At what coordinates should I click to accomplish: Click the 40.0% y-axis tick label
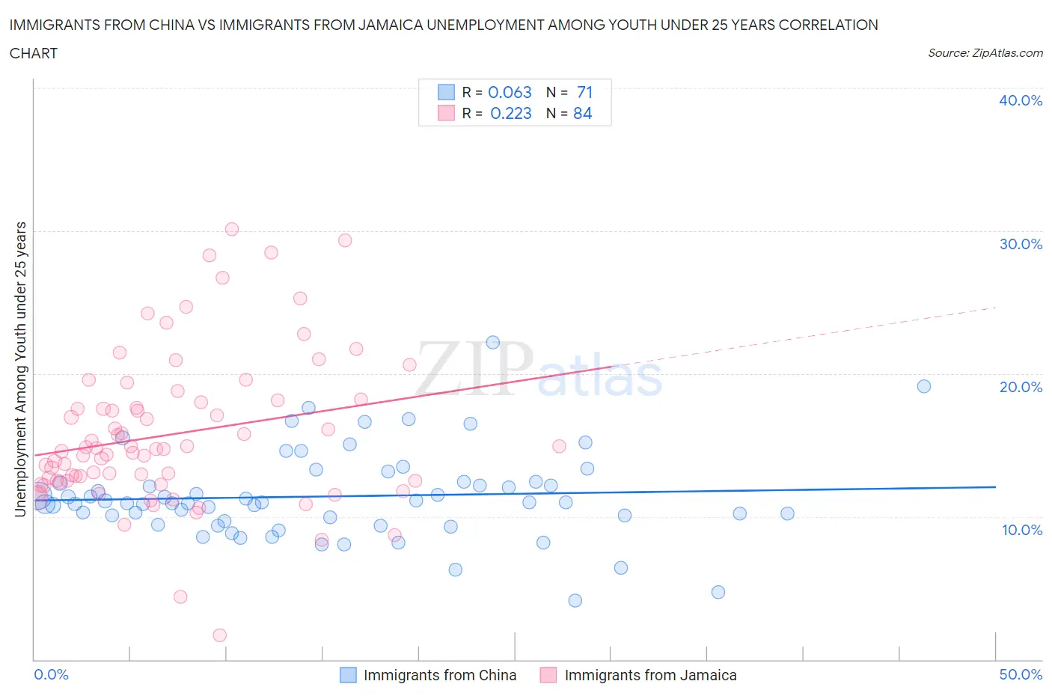point(1021,100)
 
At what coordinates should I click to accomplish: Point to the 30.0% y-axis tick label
point(1021,244)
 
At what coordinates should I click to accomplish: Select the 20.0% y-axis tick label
point(1021,387)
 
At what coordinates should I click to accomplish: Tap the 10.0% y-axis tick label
point(1021,530)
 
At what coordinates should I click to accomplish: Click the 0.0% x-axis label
point(51,674)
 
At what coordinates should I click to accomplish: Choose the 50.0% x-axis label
point(1021,674)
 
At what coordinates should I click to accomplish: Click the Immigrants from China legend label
point(439,675)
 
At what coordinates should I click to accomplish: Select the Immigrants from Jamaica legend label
point(650,675)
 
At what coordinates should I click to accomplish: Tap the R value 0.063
point(510,92)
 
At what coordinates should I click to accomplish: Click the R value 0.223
point(510,113)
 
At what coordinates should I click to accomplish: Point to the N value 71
point(584,92)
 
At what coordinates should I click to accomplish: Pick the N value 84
point(582,113)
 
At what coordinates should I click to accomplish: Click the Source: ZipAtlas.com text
point(985,53)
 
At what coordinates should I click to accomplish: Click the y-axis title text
point(21,369)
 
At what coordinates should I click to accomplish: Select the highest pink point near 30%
point(232,229)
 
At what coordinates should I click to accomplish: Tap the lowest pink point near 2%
point(219,635)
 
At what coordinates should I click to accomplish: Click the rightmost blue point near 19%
point(924,386)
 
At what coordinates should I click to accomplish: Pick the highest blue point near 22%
point(492,342)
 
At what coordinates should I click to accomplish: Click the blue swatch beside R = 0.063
point(446,92)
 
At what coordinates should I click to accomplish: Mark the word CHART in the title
point(34,53)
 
